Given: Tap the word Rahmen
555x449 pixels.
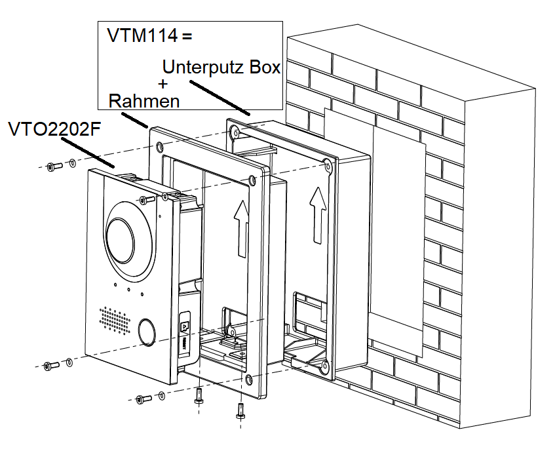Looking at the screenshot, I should (x=144, y=101).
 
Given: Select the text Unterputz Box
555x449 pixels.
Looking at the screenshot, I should (x=221, y=67).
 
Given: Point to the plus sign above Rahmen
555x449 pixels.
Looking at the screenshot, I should (x=163, y=84).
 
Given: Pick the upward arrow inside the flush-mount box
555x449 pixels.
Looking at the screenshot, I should (x=318, y=213).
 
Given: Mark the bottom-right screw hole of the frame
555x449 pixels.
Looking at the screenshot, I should (x=249, y=378).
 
